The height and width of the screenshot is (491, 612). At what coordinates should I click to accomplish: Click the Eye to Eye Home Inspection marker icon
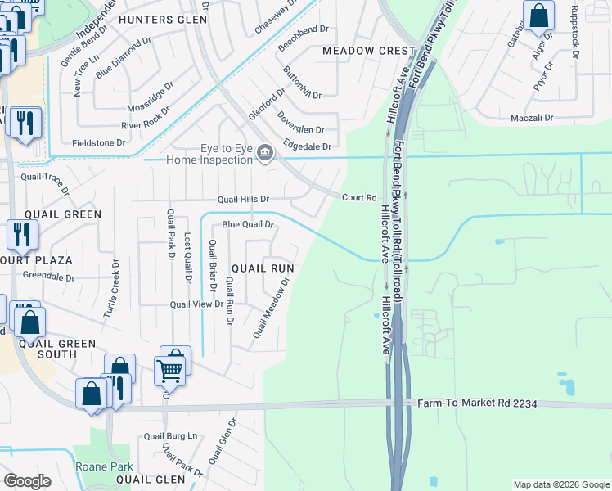pos(265,153)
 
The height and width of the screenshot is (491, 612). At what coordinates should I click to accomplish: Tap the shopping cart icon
pos(170,369)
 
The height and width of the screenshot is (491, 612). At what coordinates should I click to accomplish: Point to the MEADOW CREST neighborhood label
pos(369,51)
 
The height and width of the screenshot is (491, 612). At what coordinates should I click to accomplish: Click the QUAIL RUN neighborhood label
pos(263,268)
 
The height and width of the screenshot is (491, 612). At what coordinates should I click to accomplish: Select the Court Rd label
pos(358,197)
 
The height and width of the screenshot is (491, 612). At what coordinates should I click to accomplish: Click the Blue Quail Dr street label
pos(247,224)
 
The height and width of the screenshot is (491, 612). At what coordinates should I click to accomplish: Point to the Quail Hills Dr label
pos(243,199)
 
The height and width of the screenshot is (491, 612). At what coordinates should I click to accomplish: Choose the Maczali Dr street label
pos(532,118)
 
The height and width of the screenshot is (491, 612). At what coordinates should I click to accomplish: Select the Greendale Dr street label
pos(48,277)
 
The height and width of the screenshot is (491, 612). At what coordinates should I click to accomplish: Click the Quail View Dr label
pos(196,304)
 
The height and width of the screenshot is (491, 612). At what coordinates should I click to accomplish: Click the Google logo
pos(27,481)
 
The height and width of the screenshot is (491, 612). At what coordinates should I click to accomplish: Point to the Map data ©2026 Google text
pos(560,484)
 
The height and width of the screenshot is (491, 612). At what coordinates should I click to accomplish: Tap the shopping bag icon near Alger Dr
pos(539,16)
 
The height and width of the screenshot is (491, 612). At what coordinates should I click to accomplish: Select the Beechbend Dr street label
pos(303,28)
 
